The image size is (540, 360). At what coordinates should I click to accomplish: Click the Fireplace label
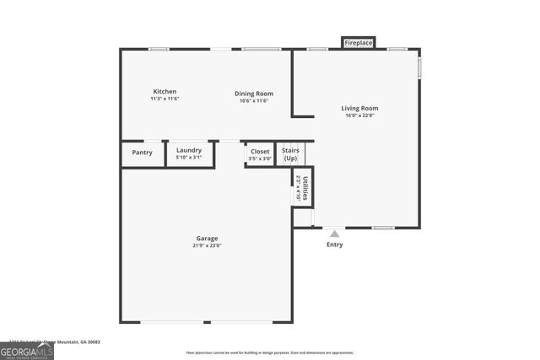[358, 42]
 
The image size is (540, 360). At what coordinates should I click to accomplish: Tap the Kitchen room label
[165, 91]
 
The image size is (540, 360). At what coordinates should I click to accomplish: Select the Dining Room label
[253, 93]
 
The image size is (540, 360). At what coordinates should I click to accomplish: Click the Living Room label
[359, 108]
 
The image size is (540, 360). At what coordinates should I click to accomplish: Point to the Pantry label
[143, 153]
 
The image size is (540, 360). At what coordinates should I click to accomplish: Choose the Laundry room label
[188, 150]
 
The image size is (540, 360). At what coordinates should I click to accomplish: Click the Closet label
[260, 151]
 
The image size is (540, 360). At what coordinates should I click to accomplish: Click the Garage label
[207, 239]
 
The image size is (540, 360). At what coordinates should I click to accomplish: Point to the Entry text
[335, 244]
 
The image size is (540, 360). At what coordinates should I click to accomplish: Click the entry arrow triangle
[335, 234]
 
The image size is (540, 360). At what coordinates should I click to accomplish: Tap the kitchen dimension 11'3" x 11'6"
[165, 99]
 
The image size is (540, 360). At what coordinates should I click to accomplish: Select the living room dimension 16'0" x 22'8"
[359, 116]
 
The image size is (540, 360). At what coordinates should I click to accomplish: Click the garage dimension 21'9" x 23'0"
[207, 246]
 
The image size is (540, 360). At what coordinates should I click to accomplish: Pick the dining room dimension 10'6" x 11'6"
[253, 101]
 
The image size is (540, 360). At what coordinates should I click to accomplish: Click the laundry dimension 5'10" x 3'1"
[188, 158]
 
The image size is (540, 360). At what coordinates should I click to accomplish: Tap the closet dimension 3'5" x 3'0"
[260, 159]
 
